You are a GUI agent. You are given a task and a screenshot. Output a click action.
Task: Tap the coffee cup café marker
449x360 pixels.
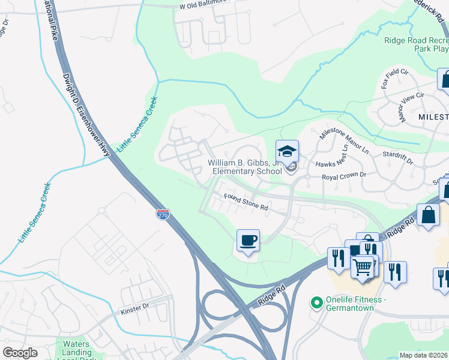point(248,241)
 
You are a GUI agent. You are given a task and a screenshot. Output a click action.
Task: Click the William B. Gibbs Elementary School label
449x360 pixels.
point(245,167)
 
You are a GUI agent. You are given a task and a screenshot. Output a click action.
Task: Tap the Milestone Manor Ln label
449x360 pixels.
point(344,141)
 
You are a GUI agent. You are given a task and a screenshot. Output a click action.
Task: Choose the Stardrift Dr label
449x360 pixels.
point(397,158)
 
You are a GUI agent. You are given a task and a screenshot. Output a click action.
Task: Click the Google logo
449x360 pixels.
point(20,353)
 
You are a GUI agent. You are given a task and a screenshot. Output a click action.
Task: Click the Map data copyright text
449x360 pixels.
point(423,355)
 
